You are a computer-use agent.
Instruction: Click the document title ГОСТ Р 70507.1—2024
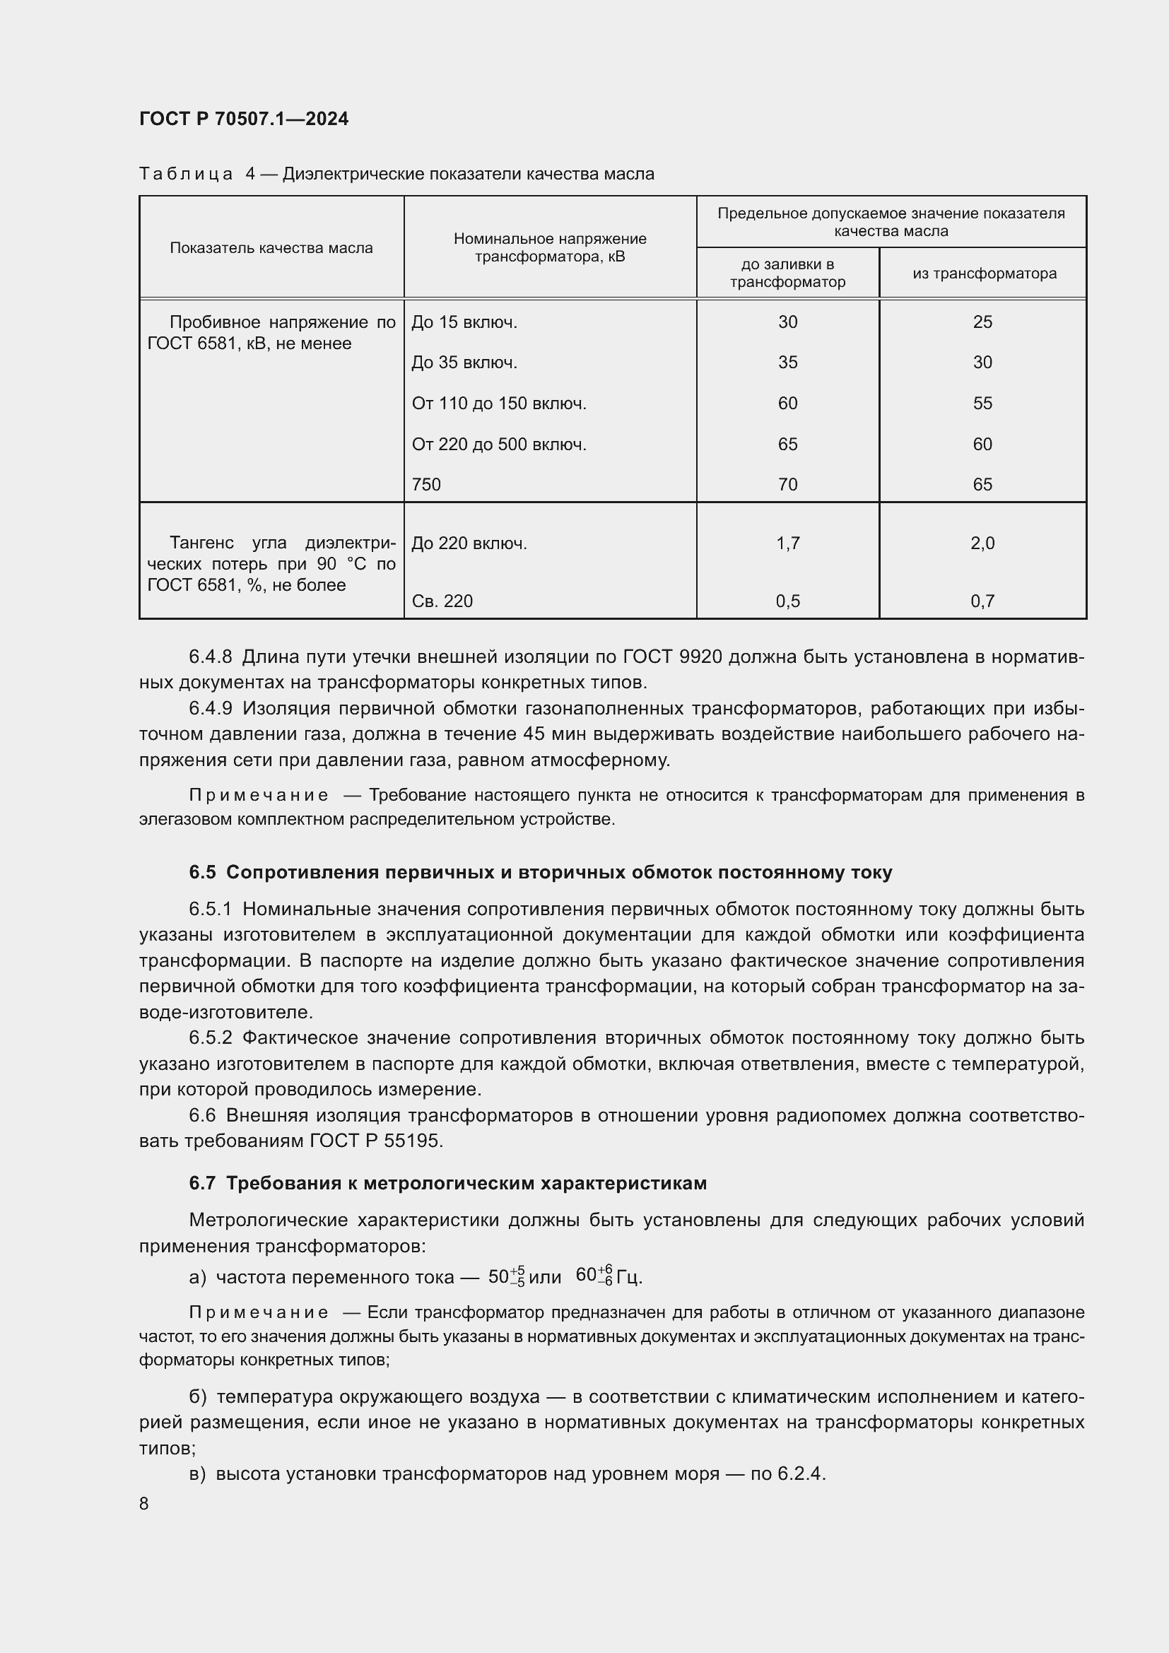[243, 119]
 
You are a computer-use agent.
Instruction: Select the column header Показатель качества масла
[271, 247]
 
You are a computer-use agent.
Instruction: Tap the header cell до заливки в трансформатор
[787, 273]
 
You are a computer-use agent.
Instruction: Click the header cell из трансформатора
[983, 273]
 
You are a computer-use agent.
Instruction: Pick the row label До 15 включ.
[464, 322]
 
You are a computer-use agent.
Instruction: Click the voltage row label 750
[426, 485]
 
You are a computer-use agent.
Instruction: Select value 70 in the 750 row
[787, 485]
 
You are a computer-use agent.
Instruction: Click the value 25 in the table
[982, 322]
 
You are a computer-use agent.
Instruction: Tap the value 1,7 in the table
[787, 543]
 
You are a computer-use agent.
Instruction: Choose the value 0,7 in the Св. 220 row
[982, 601]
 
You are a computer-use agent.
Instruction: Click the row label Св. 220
[442, 601]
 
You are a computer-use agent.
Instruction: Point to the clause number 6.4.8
[210, 657]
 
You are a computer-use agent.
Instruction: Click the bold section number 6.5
[202, 872]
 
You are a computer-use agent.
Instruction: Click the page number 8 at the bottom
[144, 1503]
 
